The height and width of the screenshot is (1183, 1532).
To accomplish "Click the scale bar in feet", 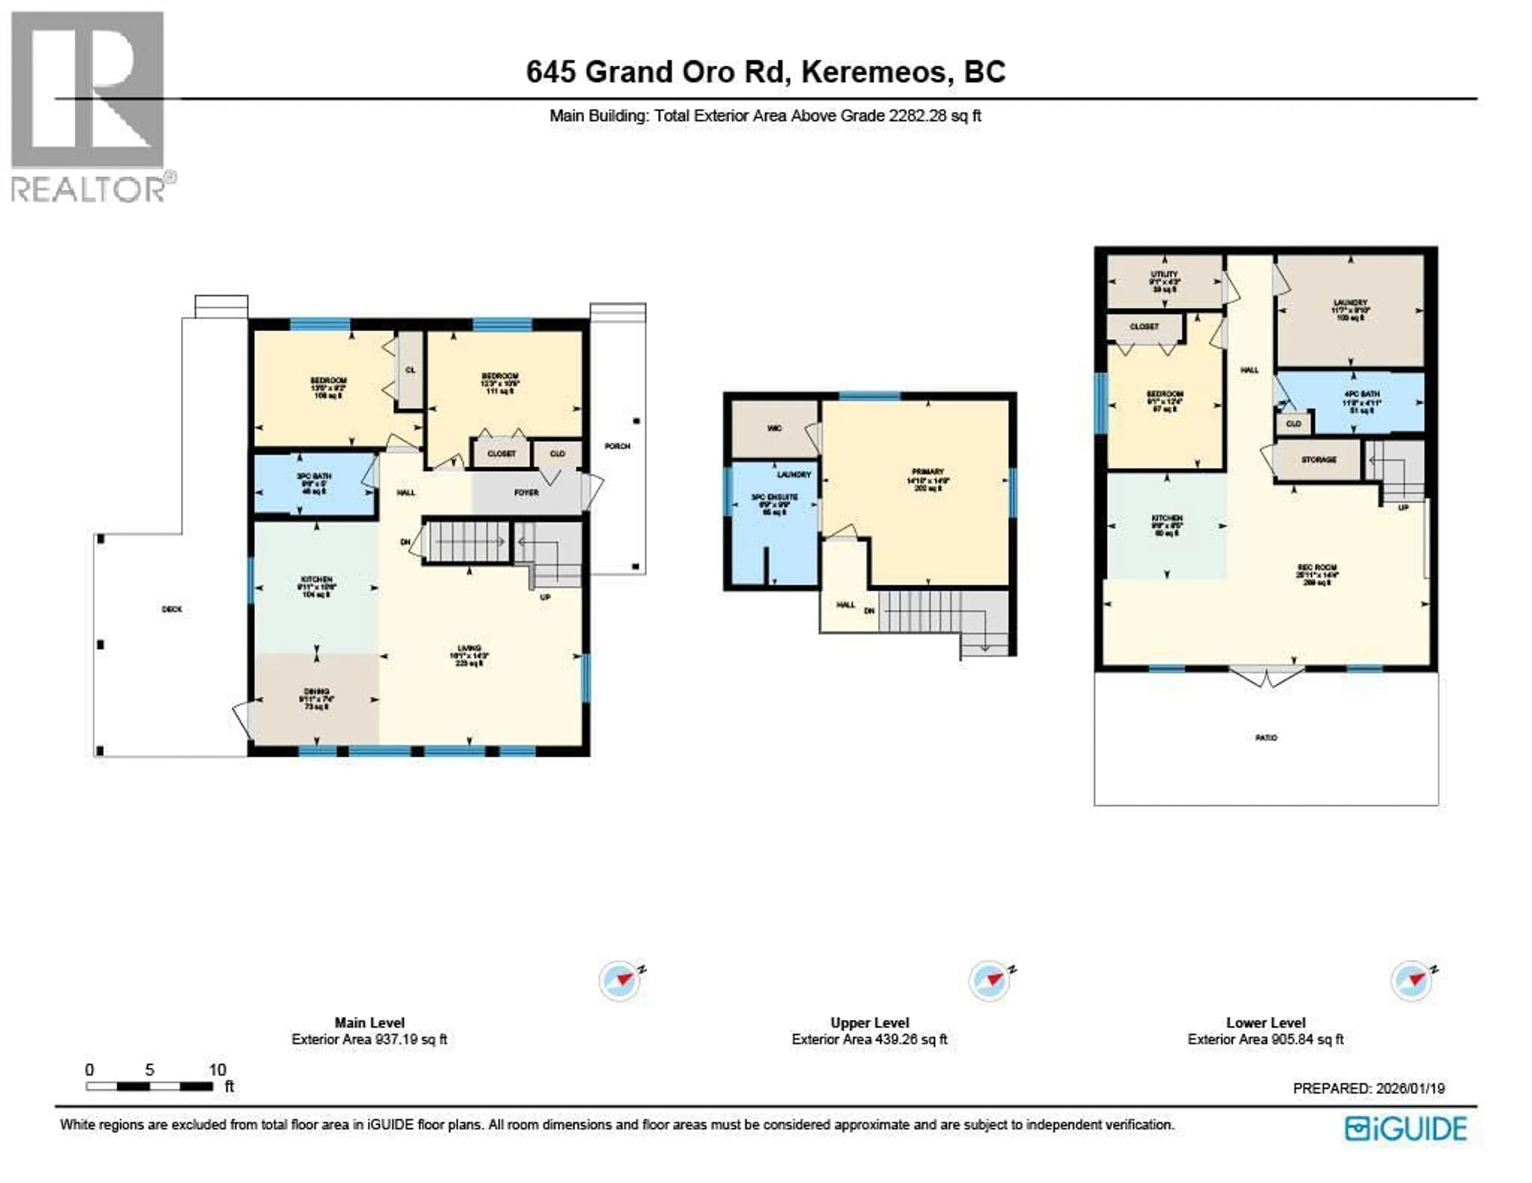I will pyautogui.click(x=150, y=1086).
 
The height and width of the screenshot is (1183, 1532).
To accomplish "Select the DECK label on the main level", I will pyautogui.click(x=172, y=609).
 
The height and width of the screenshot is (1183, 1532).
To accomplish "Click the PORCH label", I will pyautogui.click(x=617, y=446).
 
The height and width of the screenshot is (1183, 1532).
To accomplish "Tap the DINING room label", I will pyautogui.click(x=316, y=692).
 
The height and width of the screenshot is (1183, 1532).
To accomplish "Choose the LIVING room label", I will pyautogui.click(x=469, y=649).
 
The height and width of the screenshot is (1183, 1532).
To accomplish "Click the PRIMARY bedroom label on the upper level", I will pyautogui.click(x=928, y=472).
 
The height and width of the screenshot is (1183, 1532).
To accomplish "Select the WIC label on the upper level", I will pyautogui.click(x=774, y=428).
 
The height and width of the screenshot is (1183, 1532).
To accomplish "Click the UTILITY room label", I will pyautogui.click(x=1165, y=274).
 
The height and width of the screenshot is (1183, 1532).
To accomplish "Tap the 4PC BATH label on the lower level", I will pyautogui.click(x=1362, y=394).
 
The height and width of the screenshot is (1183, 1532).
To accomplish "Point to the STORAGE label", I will pyautogui.click(x=1319, y=460).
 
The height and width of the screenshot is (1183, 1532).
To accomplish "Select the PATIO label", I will pyautogui.click(x=1266, y=738).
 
